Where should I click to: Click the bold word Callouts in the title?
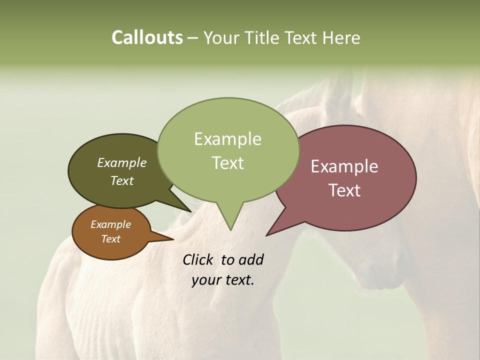[x=147, y=37]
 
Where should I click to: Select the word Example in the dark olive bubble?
[x=122, y=162]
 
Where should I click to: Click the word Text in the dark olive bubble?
[x=122, y=180]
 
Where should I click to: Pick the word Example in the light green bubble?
[x=227, y=139]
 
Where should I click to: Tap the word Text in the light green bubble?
[x=227, y=163]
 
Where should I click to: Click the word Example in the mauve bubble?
[x=344, y=166]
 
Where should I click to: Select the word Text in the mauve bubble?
[x=344, y=190]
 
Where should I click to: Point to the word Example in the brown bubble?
[x=110, y=224]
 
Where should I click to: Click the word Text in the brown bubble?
[x=110, y=239]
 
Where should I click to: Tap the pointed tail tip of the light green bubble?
[x=230, y=230]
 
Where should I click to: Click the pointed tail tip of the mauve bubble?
[x=266, y=235]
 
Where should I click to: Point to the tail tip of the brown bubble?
[x=173, y=239]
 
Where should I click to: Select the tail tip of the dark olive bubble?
[x=191, y=211]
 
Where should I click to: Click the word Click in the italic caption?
[x=198, y=260]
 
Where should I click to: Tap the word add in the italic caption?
[x=251, y=260]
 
